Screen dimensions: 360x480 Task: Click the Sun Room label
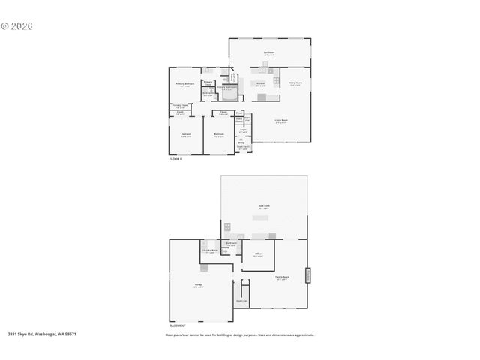(x=268, y=53)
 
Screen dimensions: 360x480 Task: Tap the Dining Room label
(x=295, y=83)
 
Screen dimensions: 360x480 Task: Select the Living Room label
(x=281, y=120)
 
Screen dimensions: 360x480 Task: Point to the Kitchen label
(x=260, y=83)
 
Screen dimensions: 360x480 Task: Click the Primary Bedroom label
(x=184, y=83)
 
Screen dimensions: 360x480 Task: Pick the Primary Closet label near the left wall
(x=179, y=106)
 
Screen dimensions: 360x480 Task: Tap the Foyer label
(x=243, y=130)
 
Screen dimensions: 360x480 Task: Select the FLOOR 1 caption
(x=175, y=160)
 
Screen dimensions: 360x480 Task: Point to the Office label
(x=257, y=254)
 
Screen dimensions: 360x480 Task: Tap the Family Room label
(x=282, y=278)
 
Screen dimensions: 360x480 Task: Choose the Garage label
(x=198, y=286)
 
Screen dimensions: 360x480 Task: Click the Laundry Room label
(x=211, y=250)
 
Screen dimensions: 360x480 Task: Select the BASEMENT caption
(x=178, y=325)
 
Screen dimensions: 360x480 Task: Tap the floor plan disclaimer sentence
(x=239, y=335)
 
